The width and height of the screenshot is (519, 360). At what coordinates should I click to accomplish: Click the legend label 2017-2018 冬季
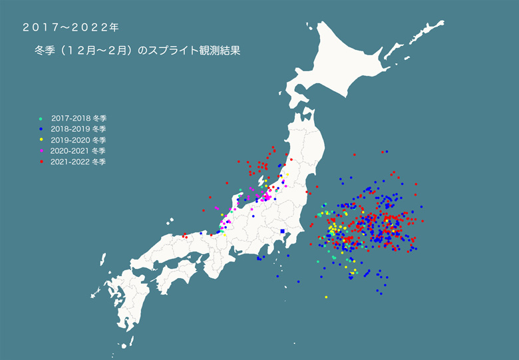[79, 118]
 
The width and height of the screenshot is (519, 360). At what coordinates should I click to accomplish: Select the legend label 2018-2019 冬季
[79, 129]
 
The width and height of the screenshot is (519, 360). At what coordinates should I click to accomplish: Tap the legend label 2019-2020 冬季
[79, 140]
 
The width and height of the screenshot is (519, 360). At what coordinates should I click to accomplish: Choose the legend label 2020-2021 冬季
[79, 150]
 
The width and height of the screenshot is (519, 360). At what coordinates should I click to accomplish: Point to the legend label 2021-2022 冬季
[79, 161]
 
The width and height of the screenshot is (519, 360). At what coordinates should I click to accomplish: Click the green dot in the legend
[41, 118]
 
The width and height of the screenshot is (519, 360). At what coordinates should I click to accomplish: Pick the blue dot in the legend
[41, 129]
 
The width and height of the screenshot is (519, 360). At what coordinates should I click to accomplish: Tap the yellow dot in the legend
[41, 140]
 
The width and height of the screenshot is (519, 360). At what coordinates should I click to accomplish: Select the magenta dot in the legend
[41, 150]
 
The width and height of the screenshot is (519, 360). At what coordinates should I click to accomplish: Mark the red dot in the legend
[41, 161]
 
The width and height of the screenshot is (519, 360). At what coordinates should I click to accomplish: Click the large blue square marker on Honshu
[283, 231]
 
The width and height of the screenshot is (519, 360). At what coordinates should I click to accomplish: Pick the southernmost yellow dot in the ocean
[326, 297]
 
